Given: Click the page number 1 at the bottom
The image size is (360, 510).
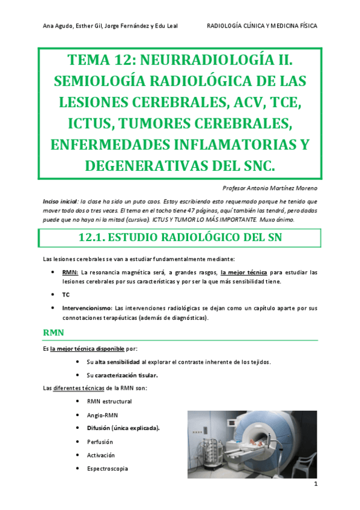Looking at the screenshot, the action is click(x=314, y=484).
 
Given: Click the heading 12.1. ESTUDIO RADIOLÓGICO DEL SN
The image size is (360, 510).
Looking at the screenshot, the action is click(x=180, y=238).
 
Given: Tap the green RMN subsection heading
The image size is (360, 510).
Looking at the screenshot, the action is click(x=54, y=331).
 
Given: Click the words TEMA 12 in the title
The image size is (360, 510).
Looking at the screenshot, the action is click(x=102, y=60).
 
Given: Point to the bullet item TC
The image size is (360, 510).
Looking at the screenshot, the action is click(x=66, y=295).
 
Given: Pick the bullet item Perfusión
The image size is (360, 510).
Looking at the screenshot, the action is click(x=100, y=441).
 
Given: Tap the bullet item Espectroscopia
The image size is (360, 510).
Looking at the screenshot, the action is click(x=108, y=469).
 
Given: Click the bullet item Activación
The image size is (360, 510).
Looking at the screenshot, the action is click(x=101, y=455).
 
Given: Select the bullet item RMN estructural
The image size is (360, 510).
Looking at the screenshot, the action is click(x=109, y=401).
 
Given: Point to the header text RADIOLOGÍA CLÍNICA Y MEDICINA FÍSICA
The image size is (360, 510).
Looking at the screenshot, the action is click(x=261, y=26).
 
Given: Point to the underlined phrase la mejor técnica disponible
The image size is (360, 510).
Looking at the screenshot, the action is click(x=88, y=348).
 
